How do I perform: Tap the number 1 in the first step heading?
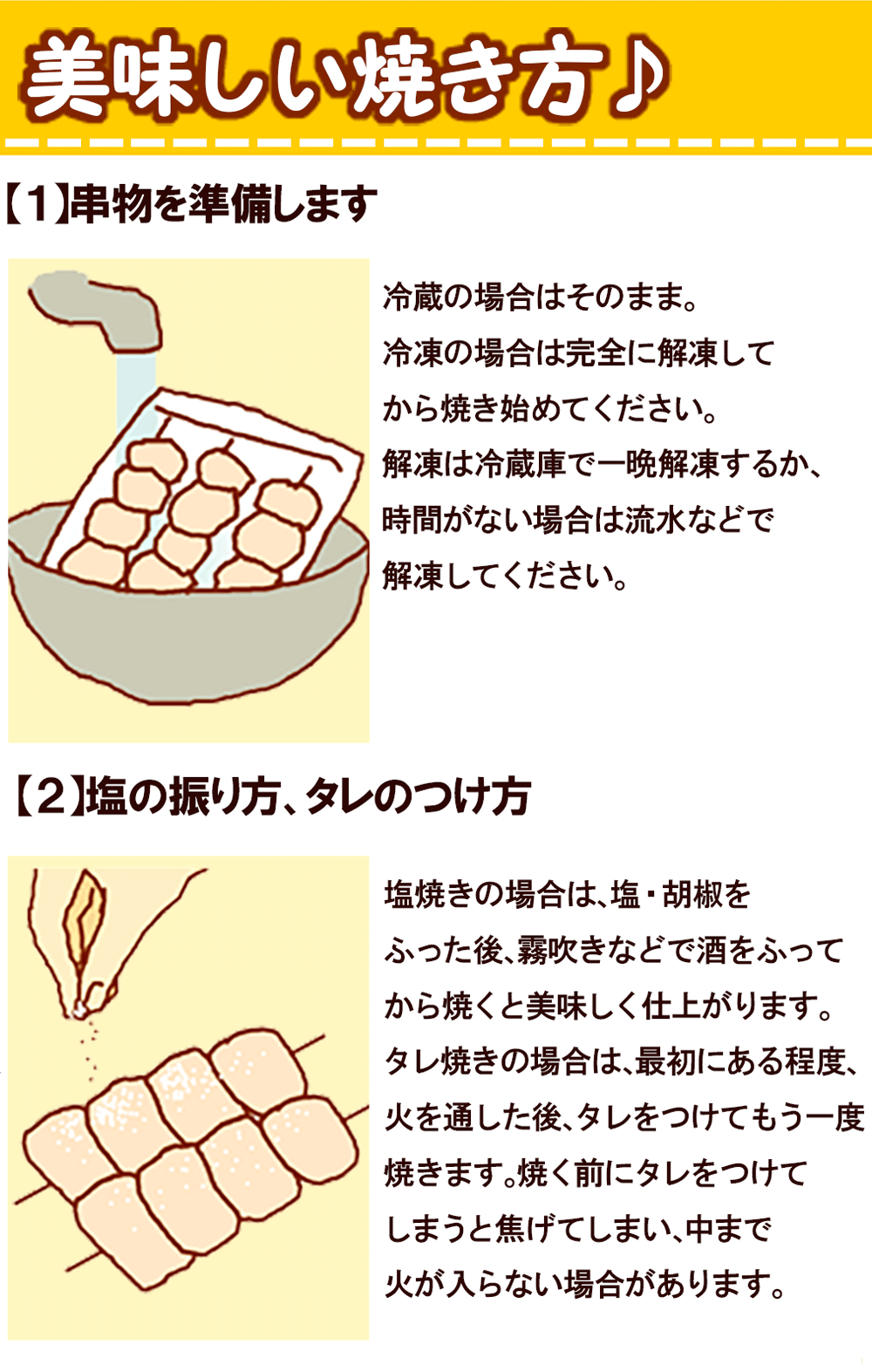(37, 203)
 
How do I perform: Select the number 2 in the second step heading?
(51, 798)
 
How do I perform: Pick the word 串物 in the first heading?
(110, 203)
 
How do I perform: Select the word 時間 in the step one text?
(412, 521)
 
